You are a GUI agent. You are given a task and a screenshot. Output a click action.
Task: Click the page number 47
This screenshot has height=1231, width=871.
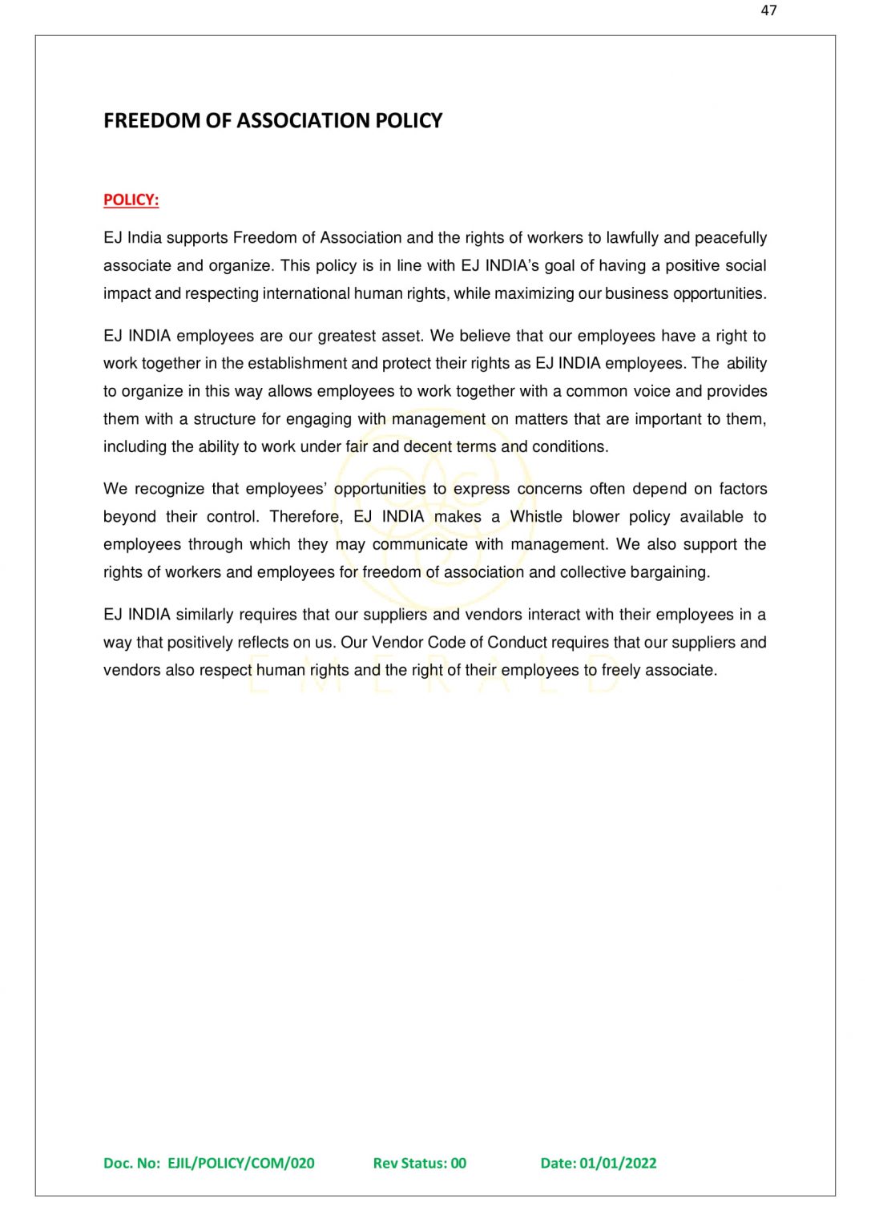coord(768,10)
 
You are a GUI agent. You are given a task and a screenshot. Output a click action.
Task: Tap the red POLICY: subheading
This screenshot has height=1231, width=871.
coord(131,200)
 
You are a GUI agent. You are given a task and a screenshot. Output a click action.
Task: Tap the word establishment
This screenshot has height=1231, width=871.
coord(296,363)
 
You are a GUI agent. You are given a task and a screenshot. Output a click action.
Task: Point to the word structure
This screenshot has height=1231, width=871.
coord(224,419)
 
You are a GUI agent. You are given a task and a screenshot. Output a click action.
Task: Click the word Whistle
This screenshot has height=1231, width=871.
coord(536,517)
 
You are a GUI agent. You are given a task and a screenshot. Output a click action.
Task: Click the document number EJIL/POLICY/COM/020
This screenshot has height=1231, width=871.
coord(240,1163)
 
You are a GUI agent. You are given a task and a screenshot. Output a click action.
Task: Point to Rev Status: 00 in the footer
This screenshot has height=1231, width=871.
coord(419,1163)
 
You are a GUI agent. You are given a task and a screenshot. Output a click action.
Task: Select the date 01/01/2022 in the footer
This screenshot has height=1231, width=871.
coord(618,1163)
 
